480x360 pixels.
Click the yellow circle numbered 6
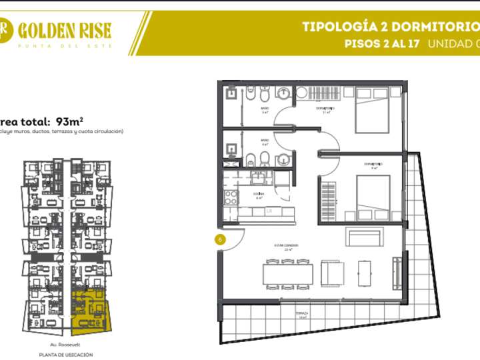219,238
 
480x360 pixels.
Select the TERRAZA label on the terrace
301,313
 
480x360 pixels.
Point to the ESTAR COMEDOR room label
286,245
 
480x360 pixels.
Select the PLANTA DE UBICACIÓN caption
65,355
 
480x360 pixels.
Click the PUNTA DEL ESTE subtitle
64,45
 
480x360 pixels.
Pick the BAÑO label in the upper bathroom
265,108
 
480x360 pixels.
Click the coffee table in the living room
365,273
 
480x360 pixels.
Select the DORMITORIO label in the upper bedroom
325,108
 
